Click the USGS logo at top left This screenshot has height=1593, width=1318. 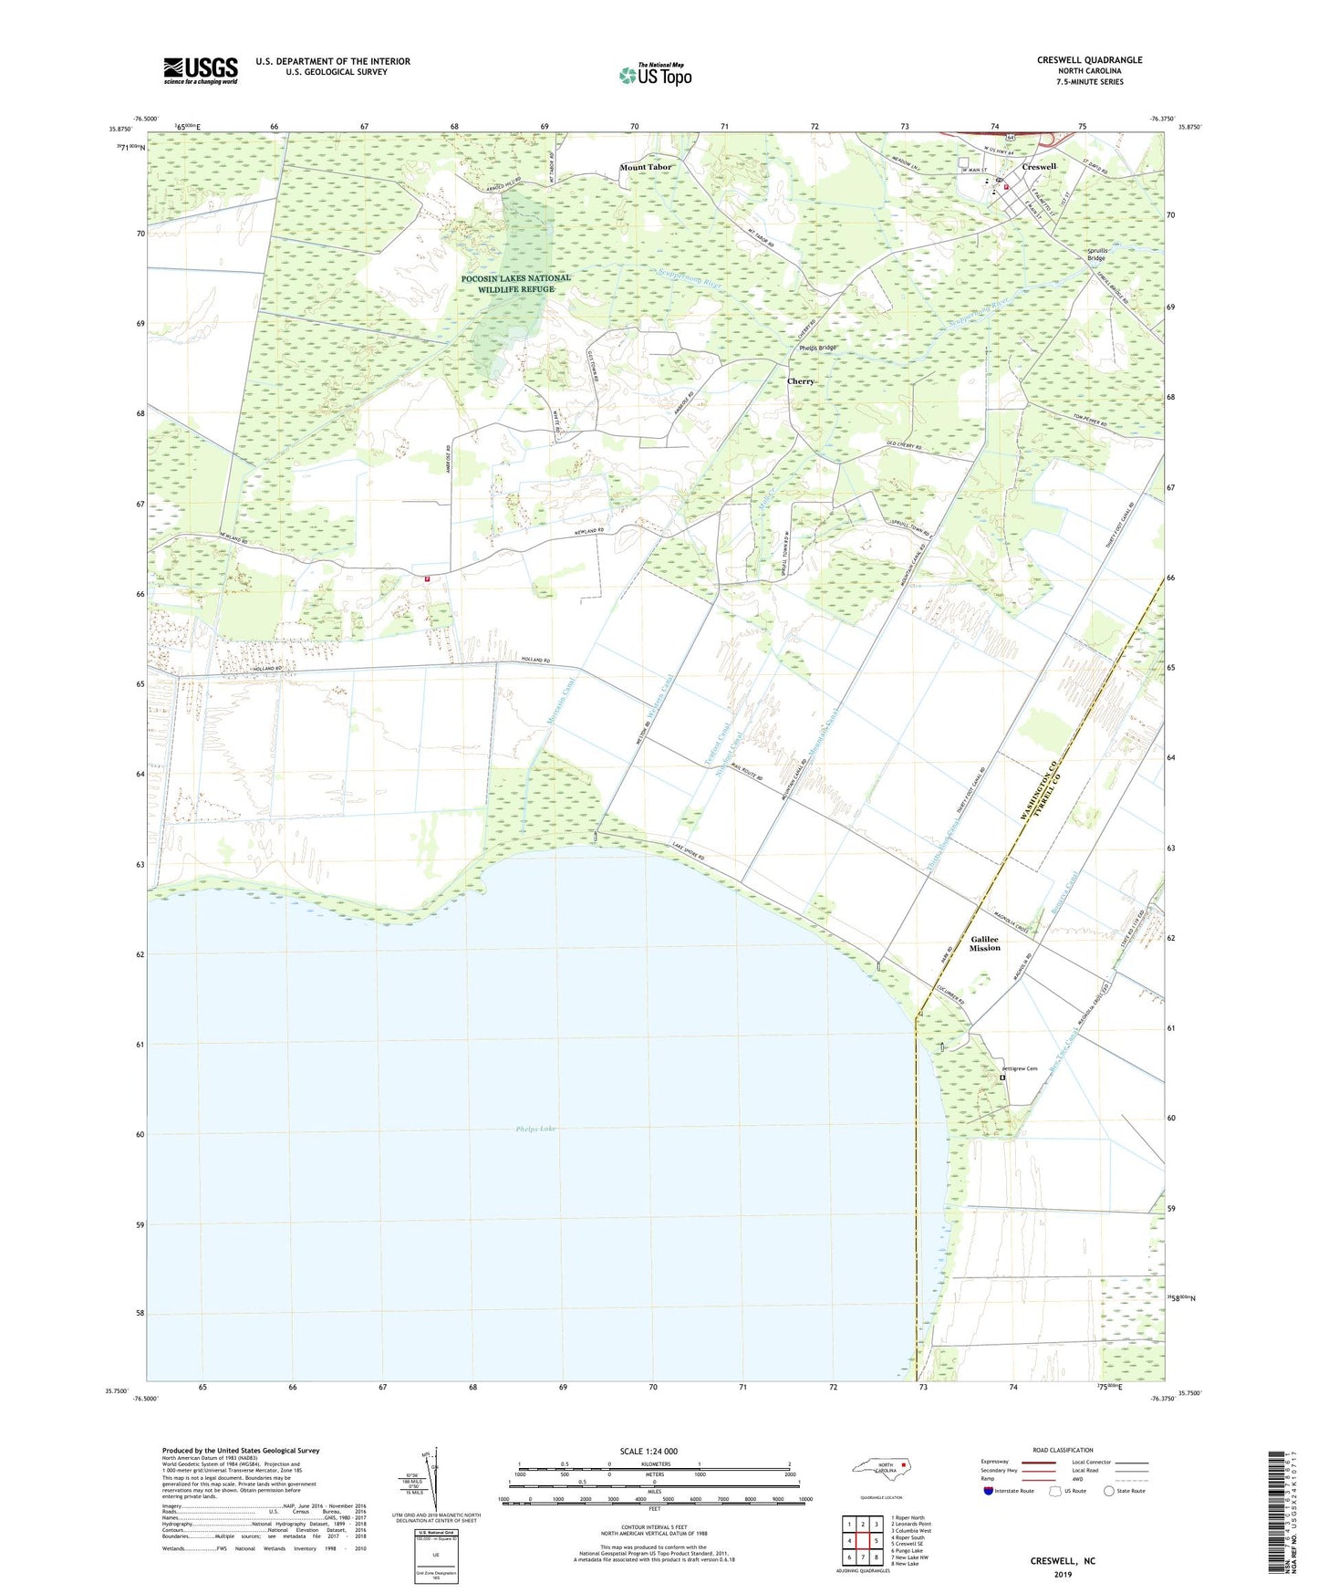(200, 70)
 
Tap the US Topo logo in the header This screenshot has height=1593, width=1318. (654, 75)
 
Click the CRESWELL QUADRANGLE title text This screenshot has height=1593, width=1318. (1089, 60)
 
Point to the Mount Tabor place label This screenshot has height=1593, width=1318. (645, 167)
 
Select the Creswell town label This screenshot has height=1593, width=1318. (1039, 167)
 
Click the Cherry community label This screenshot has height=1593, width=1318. (800, 381)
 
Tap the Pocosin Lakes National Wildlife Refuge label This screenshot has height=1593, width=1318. (515, 283)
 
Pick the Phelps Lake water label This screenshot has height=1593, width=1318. (535, 1129)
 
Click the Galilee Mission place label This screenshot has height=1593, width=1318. (984, 943)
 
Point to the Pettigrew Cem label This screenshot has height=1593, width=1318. (1020, 1068)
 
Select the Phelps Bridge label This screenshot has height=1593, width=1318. (817, 348)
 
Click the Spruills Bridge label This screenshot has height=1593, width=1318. (1097, 255)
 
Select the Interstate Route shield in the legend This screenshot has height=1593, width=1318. (989, 1491)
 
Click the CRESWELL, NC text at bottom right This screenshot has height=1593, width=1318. (1063, 1561)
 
